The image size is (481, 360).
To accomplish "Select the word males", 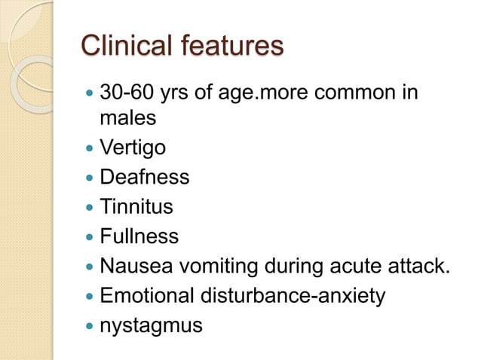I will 128,118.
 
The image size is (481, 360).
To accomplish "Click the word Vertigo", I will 133,148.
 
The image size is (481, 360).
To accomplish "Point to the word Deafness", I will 145,177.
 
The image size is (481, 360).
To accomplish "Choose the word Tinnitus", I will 136,206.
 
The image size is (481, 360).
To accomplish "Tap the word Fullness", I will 139,236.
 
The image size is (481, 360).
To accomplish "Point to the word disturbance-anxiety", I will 292,296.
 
